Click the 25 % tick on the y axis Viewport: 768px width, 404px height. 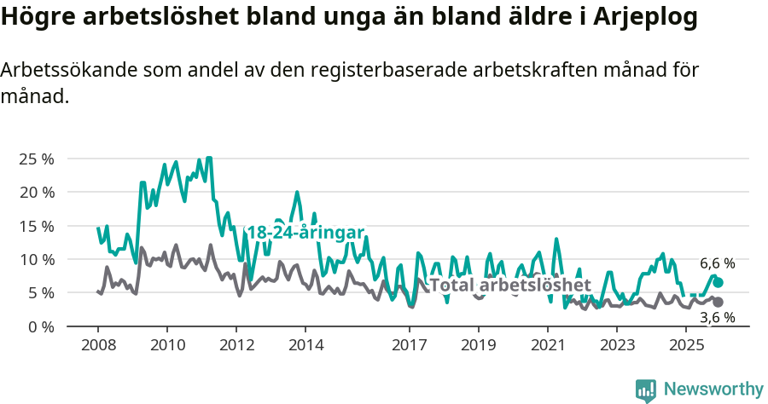tap(37, 159)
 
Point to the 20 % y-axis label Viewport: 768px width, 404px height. tap(37, 192)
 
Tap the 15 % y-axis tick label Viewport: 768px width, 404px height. tap(37, 226)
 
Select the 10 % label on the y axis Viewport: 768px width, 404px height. tap(37, 259)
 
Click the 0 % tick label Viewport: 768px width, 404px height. tap(40, 326)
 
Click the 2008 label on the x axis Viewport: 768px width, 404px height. tap(97, 345)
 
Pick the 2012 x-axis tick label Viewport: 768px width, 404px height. tap(236, 345)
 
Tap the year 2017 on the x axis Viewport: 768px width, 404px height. tap(409, 345)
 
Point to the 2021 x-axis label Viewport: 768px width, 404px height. tap(548, 345)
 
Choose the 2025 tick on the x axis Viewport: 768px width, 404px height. tap(686, 345)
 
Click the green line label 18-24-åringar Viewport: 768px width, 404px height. tap(305, 233)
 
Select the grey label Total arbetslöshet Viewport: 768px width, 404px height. tap(509, 285)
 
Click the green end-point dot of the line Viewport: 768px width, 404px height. tap(719, 282)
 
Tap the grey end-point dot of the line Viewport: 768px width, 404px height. tap(719, 303)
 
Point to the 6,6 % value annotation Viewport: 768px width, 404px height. tap(718, 263)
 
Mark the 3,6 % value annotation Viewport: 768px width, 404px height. tap(718, 318)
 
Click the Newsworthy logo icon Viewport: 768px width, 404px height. tap(646, 390)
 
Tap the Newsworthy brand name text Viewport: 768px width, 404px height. tap(713, 390)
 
